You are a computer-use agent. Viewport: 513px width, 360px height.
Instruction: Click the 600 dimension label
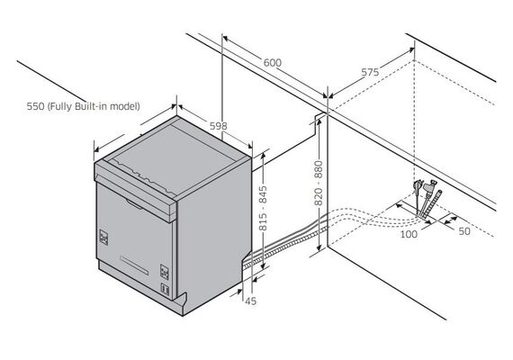click(x=272, y=62)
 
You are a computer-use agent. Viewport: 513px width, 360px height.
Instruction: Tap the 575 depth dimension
click(x=370, y=72)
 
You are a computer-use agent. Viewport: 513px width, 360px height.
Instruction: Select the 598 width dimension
click(x=218, y=126)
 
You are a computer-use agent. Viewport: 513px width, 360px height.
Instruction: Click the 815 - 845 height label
click(x=263, y=208)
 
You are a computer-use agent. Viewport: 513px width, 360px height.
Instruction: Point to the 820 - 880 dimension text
click(x=319, y=183)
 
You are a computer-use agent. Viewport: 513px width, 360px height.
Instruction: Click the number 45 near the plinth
click(x=250, y=301)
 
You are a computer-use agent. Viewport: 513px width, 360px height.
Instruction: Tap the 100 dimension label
click(x=409, y=234)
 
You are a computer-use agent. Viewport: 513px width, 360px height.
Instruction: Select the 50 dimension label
click(x=464, y=231)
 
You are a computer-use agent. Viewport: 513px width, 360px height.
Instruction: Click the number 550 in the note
click(x=36, y=106)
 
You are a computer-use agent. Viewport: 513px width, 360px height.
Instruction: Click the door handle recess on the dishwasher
click(x=134, y=204)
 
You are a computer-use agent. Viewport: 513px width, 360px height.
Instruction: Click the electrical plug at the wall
click(x=418, y=189)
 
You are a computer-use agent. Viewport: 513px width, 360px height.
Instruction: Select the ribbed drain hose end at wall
click(x=432, y=204)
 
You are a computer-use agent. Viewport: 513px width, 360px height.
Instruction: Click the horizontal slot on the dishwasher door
click(x=134, y=265)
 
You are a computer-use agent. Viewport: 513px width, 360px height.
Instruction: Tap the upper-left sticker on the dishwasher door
click(x=103, y=238)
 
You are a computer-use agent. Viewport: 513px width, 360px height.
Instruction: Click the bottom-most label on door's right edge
click(x=165, y=289)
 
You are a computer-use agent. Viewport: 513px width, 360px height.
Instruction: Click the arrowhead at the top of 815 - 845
click(x=263, y=156)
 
